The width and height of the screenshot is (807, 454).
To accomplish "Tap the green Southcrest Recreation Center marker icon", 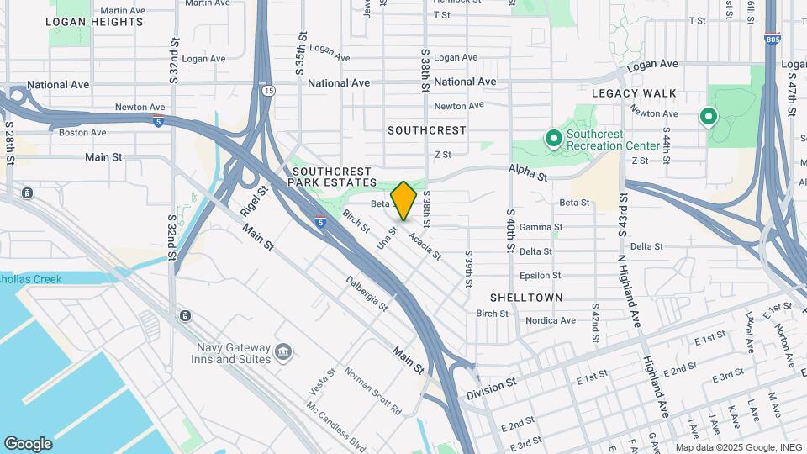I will [x=553, y=137].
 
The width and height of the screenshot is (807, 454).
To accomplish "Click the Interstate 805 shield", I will [x=772, y=39].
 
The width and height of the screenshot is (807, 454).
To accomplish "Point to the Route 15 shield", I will [x=267, y=90].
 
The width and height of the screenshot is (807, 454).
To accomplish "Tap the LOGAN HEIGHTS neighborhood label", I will [x=94, y=22].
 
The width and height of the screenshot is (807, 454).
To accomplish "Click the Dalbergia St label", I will [x=367, y=293].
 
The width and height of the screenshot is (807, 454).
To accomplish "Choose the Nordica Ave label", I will [x=551, y=320].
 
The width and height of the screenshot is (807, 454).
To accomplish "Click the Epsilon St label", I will [x=535, y=275].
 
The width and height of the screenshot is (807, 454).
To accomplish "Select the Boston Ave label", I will [x=82, y=132].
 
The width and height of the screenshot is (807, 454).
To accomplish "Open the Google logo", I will [x=28, y=444].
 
